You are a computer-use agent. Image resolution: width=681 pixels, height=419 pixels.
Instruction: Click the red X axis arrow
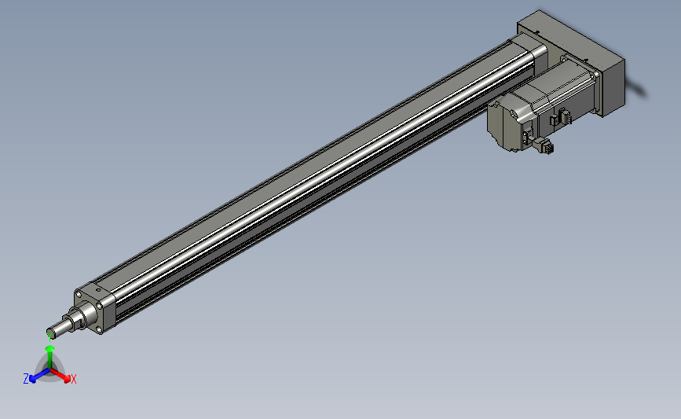[59, 375]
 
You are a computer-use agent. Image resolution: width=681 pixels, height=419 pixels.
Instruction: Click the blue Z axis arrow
[39, 375]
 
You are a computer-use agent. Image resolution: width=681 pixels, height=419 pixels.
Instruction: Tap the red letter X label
[73, 379]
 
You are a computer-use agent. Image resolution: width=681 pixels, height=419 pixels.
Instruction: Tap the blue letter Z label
[26, 379]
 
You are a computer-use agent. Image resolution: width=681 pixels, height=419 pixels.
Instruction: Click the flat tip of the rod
[50, 334]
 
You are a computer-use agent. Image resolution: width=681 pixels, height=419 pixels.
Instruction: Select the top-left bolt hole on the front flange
[79, 295]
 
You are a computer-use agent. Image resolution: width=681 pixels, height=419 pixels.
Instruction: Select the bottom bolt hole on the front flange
[101, 330]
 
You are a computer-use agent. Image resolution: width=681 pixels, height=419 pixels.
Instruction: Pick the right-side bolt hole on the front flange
[100, 306]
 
